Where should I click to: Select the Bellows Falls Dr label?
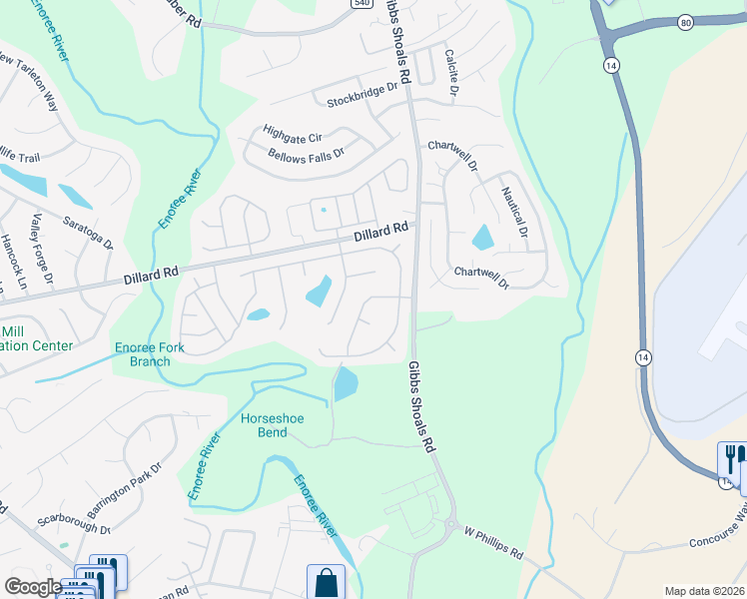coord(306,155)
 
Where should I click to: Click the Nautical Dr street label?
coord(514,211)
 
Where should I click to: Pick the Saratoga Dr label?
coord(88,232)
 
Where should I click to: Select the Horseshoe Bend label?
coord(272,425)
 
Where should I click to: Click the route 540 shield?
coord(362,3)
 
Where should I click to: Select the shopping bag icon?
coord(326,582)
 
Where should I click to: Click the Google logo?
coord(32,587)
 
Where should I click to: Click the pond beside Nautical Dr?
coord(482,237)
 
